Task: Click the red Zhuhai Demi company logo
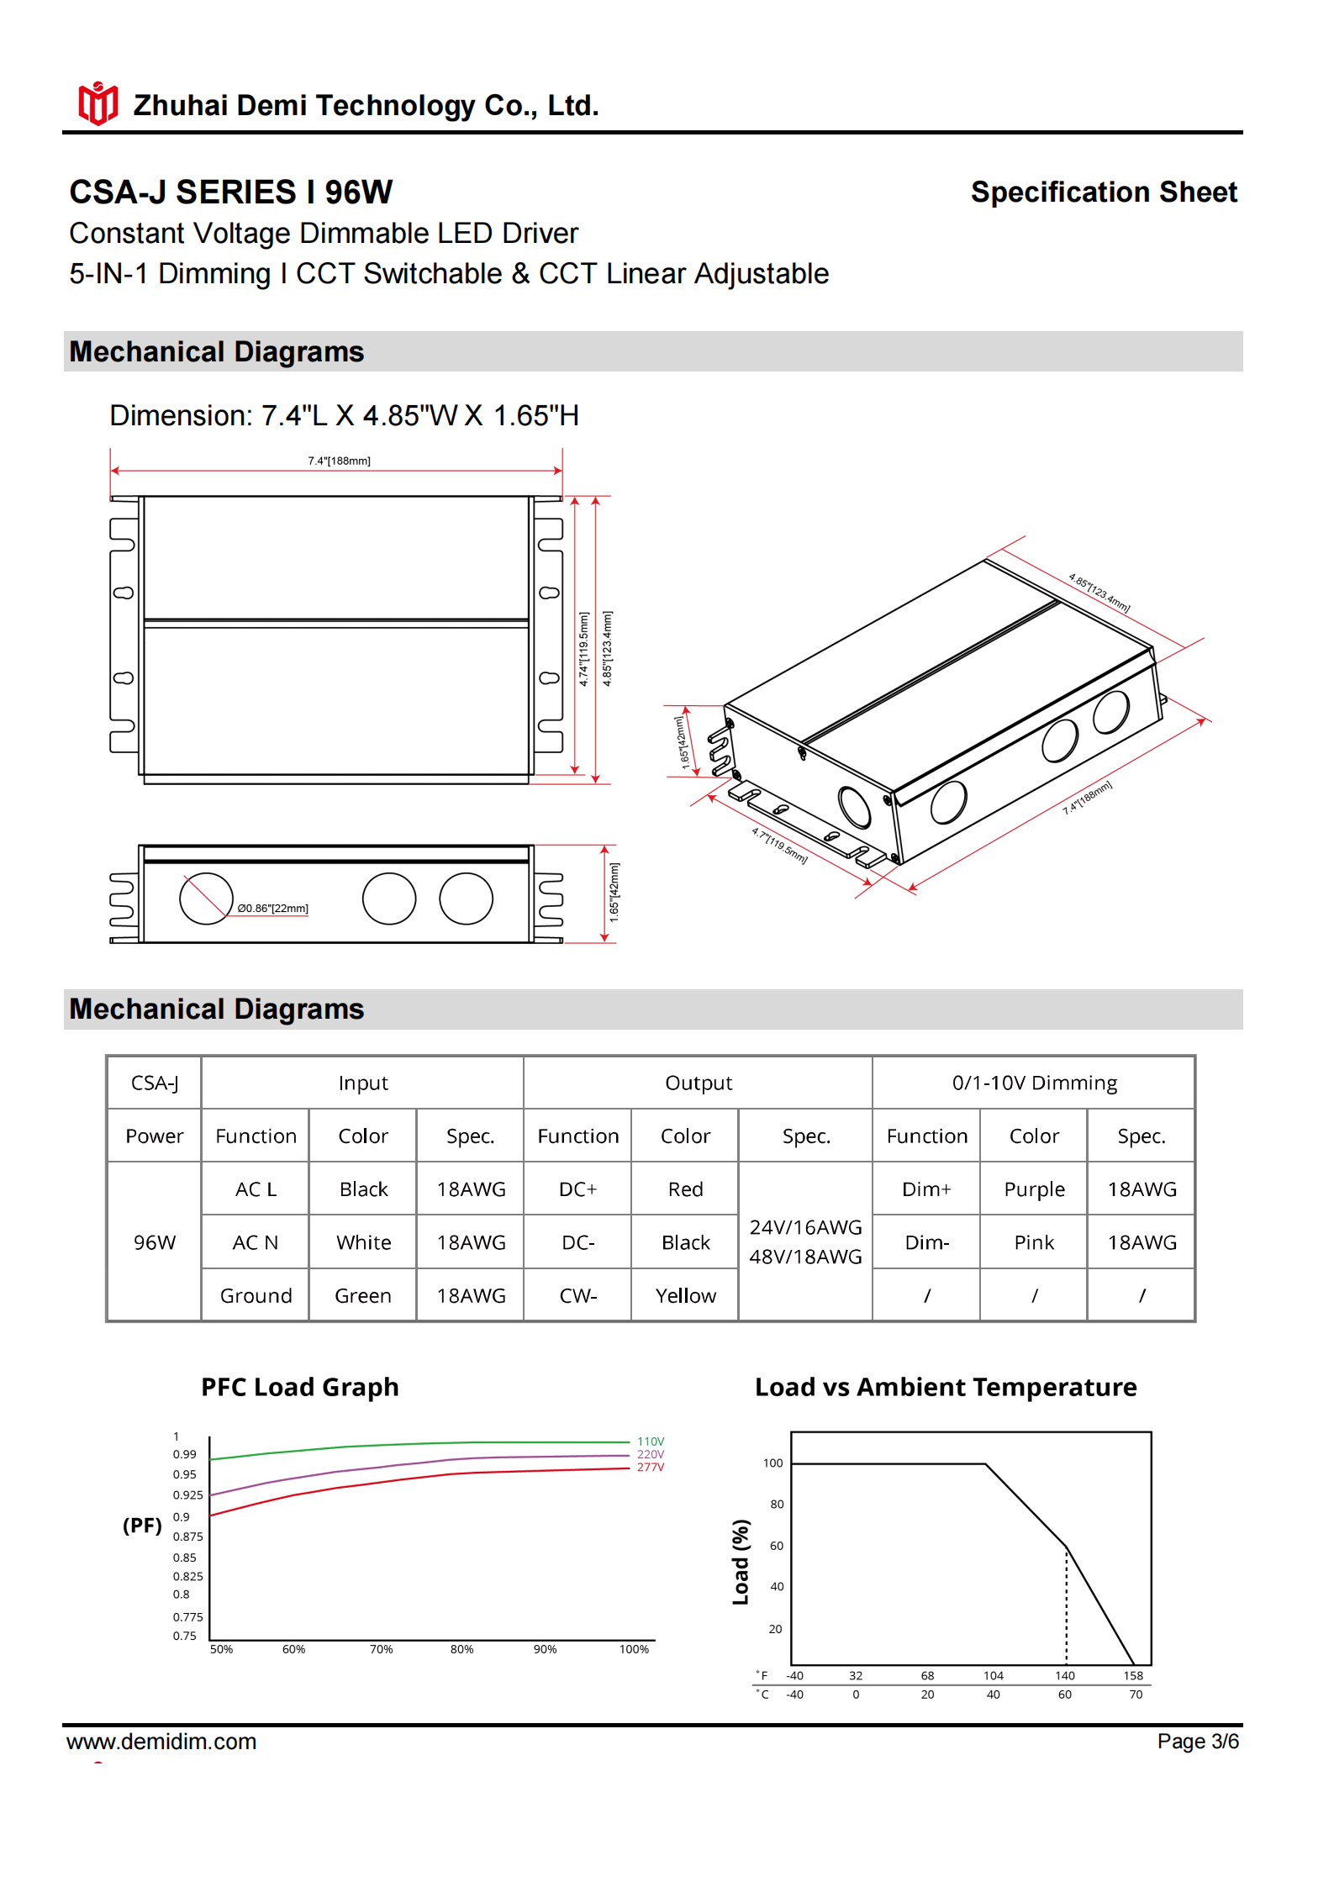98,103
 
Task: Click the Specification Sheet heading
1103,192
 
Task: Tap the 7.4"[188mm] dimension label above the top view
339,461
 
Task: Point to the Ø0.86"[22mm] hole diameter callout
272,908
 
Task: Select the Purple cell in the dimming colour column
1034,1189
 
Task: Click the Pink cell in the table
1034,1242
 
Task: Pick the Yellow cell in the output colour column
685,1295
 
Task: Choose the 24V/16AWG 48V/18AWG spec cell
805,1241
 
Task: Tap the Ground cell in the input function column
256,1295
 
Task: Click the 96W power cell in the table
155,1242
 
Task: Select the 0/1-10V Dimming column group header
1034,1083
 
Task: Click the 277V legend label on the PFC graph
650,1467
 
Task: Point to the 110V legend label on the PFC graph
650,1442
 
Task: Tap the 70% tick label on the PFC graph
381,1649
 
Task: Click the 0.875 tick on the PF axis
187,1536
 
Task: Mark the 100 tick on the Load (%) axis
772,1463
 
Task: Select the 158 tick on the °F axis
1133,1675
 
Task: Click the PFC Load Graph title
299,1387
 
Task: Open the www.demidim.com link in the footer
161,1742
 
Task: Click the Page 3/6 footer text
1197,1742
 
